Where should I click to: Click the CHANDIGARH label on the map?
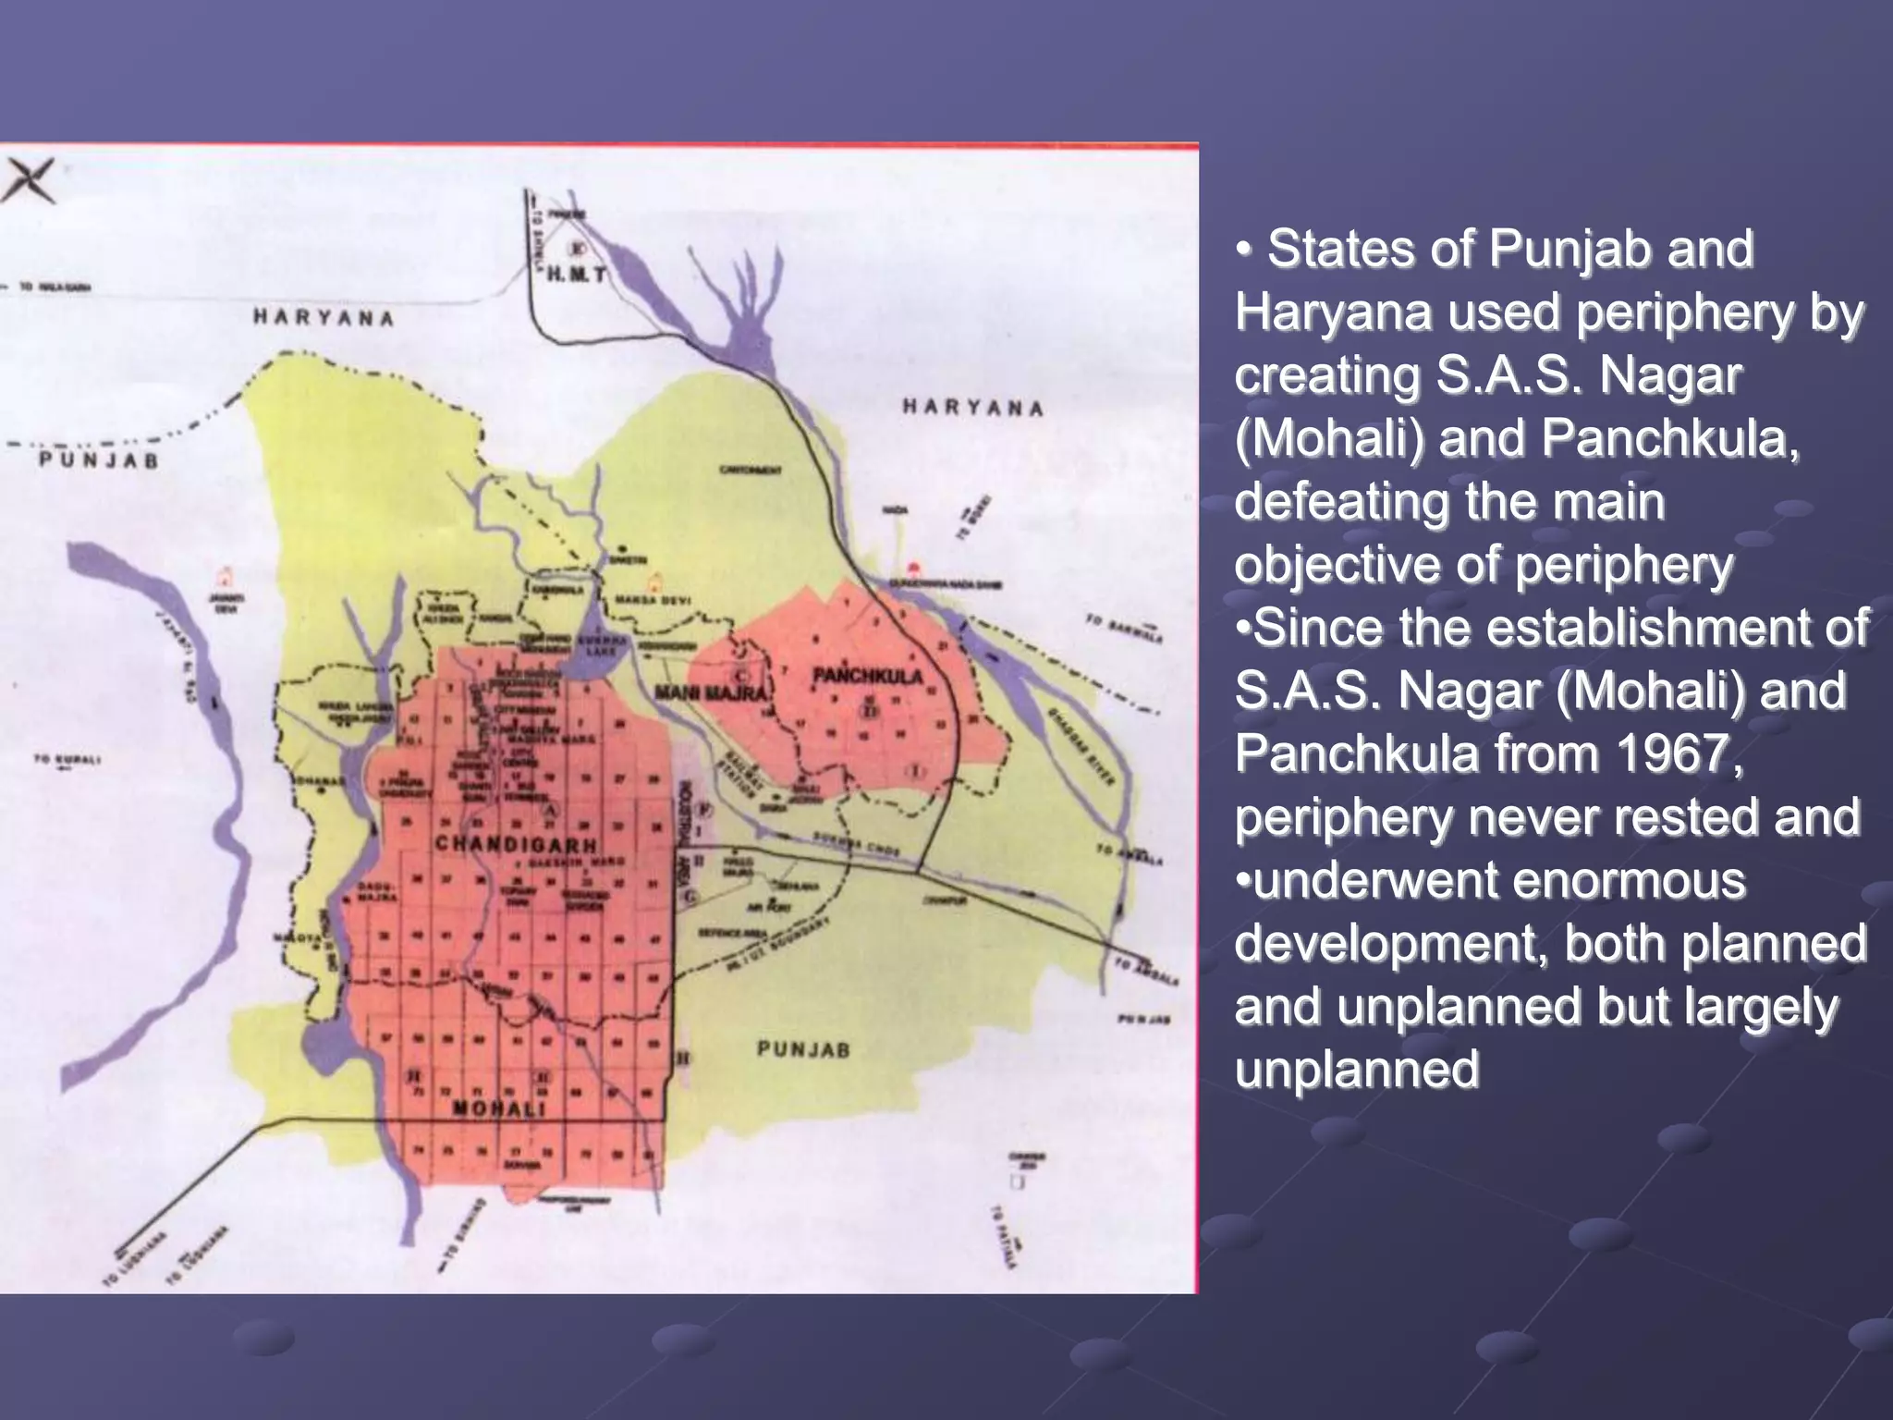(x=516, y=844)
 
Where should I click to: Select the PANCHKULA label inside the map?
(x=868, y=676)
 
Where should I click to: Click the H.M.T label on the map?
(x=576, y=275)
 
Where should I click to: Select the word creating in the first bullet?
(x=1327, y=375)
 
